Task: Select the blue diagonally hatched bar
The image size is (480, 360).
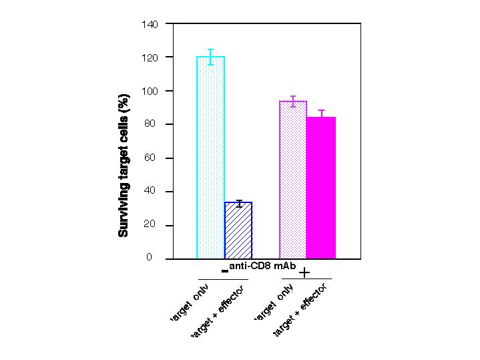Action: click(238, 230)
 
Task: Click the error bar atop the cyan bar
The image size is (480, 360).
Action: click(210, 57)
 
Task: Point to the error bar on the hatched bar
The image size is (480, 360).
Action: click(238, 202)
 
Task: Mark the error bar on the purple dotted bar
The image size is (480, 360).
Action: click(293, 101)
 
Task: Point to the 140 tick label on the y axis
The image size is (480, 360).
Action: click(150, 25)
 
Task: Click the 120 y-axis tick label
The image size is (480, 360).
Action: click(150, 58)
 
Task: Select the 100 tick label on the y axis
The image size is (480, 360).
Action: click(150, 92)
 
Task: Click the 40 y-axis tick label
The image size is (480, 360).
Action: click(153, 192)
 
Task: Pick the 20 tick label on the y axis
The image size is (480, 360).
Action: click(153, 225)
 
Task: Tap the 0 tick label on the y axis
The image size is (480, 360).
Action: click(156, 258)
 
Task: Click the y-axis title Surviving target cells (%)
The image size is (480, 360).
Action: click(124, 165)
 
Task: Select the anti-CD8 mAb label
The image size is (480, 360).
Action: click(262, 266)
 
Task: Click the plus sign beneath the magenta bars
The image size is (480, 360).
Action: click(304, 273)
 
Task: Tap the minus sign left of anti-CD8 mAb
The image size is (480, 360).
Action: click(225, 271)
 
